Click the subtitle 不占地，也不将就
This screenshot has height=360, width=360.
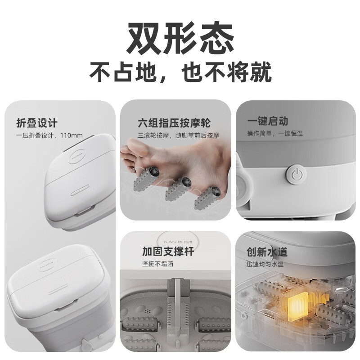pyautogui.click(x=180, y=72)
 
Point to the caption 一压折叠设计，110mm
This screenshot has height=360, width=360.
pyautogui.click(x=49, y=135)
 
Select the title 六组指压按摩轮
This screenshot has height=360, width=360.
pyautogui.click(x=174, y=123)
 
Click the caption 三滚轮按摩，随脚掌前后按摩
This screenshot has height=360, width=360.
pyautogui.click(x=179, y=135)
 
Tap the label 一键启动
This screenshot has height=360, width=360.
pyautogui.click(x=267, y=121)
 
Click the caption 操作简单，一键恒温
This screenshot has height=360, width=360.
pyautogui.click(x=274, y=134)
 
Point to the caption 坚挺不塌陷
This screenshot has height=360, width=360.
pyautogui.click(x=157, y=264)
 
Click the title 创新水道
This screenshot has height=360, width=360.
pyautogui.click(x=267, y=252)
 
